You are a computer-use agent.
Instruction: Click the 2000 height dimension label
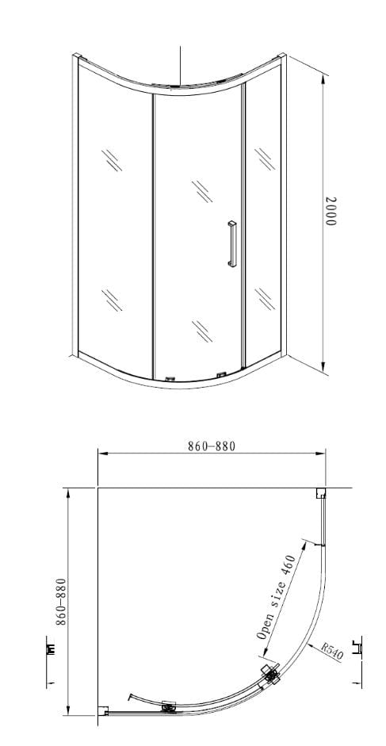[332, 212]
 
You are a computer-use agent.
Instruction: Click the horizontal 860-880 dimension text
[211, 446]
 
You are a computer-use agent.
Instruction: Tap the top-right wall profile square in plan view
[320, 493]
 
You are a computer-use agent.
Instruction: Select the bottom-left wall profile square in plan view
[102, 710]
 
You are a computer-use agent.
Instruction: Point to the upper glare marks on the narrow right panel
[262, 156]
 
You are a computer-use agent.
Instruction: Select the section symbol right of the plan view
[361, 648]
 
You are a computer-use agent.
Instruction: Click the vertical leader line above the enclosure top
[182, 63]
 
